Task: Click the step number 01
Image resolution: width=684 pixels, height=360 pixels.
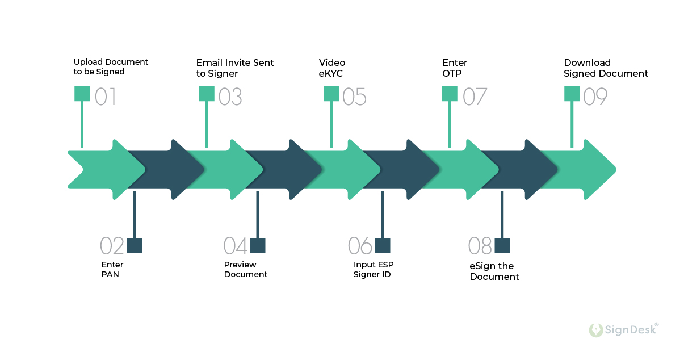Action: pyautogui.click(x=106, y=97)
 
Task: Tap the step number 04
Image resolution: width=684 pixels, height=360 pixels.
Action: pyautogui.click(x=236, y=246)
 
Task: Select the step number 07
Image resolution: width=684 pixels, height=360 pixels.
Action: pyautogui.click(x=475, y=97)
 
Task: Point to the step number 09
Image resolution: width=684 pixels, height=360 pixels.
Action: pyautogui.click(x=595, y=97)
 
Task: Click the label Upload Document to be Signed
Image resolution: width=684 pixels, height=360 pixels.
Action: pyautogui.click(x=111, y=67)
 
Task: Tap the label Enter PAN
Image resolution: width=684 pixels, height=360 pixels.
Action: pyautogui.click(x=112, y=270)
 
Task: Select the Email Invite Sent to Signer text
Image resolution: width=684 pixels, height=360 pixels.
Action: pyautogui.click(x=235, y=68)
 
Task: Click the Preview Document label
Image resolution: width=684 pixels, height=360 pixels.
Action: pyautogui.click(x=245, y=270)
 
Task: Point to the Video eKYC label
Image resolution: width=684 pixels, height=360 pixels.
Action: pyautogui.click(x=331, y=68)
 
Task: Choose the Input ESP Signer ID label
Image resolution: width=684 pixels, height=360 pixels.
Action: pyautogui.click(x=373, y=270)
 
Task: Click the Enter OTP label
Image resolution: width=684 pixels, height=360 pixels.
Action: pyautogui.click(x=454, y=68)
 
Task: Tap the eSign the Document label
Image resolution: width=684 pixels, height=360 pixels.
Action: pyautogui.click(x=494, y=271)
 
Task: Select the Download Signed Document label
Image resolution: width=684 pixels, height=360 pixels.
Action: pyautogui.click(x=606, y=68)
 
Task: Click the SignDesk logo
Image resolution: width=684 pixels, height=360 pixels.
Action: pyautogui.click(x=623, y=329)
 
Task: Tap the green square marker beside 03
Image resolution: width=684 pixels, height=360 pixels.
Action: pyautogui.click(x=207, y=94)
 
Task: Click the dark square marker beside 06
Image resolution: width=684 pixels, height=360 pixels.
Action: pyautogui.click(x=383, y=245)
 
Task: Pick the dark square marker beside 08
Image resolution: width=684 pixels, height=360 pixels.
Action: pyautogui.click(x=502, y=245)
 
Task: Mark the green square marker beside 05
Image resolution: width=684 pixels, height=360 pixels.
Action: pyautogui.click(x=331, y=94)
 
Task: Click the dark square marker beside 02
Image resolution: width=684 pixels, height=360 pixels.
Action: pyautogui.click(x=135, y=245)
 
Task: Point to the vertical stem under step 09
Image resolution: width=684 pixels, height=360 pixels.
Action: pyautogui.click(x=572, y=125)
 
